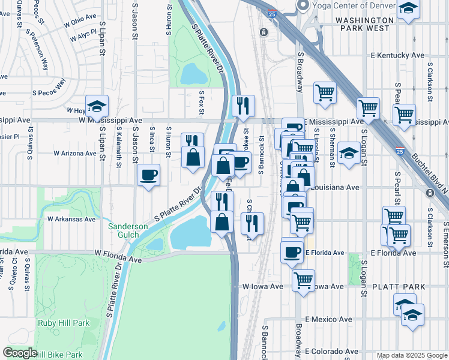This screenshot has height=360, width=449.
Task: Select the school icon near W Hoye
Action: pyautogui.click(x=97, y=106)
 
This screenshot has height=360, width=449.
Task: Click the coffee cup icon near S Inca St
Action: pyautogui.click(x=148, y=175)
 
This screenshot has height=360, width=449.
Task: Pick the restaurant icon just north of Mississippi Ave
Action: pyautogui.click(x=243, y=106)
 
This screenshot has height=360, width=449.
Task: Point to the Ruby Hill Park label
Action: pyautogui.click(x=63, y=323)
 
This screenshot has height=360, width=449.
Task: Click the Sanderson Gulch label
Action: pyautogui.click(x=128, y=230)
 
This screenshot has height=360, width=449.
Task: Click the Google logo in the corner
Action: pyautogui.click(x=19, y=353)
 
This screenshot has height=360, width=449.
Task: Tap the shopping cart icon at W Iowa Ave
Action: pyautogui.click(x=304, y=279)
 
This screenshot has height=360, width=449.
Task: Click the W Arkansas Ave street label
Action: pyautogui.click(x=71, y=220)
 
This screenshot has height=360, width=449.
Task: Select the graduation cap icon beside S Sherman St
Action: pyautogui.click(x=349, y=152)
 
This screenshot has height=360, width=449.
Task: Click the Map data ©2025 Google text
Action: pyautogui.click(x=412, y=355)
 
